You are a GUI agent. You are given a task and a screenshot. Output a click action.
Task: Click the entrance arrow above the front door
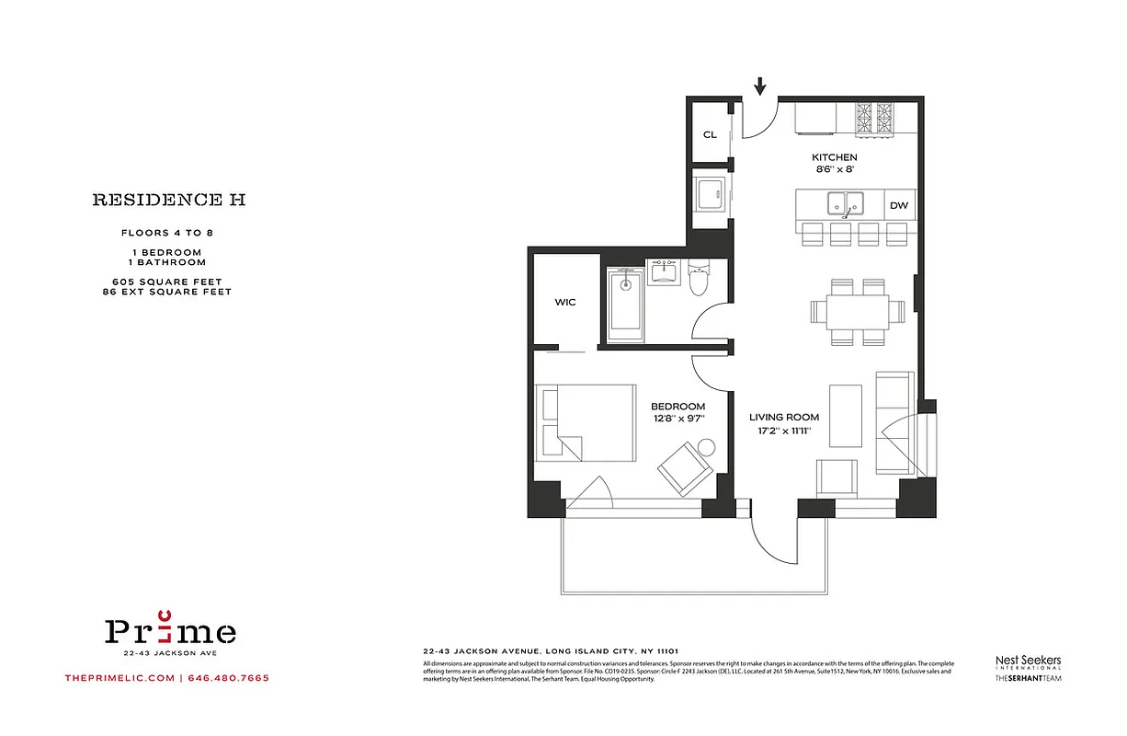tap(760, 86)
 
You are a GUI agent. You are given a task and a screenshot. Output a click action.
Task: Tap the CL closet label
tap(710, 134)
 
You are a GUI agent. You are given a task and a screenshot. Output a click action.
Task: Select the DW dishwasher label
tap(898, 205)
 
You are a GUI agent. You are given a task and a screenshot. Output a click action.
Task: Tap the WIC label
tap(565, 302)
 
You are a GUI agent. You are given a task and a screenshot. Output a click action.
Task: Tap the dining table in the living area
tap(850, 311)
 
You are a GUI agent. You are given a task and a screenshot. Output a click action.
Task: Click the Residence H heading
tap(168, 199)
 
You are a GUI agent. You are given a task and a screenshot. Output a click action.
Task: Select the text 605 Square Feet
tap(167, 282)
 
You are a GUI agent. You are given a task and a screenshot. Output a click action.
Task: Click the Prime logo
tap(169, 631)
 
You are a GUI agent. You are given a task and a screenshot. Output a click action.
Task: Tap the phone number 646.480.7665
tap(229, 678)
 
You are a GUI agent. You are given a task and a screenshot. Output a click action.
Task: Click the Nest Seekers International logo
tap(1029, 661)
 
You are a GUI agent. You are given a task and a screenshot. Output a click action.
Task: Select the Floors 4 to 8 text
tap(167, 233)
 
